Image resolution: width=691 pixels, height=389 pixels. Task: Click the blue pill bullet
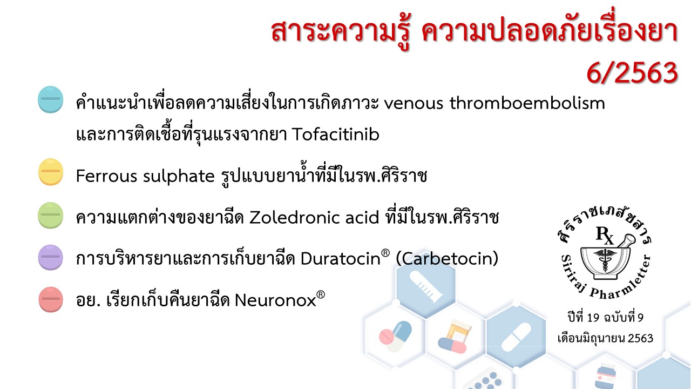pyautogui.click(x=51, y=99)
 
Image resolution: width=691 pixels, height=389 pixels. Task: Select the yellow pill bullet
pyautogui.click(x=51, y=172)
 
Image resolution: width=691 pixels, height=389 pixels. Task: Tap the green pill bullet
pyautogui.click(x=51, y=216)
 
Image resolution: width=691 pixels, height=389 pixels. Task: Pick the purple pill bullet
pyautogui.click(x=51, y=258)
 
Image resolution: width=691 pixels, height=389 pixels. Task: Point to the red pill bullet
pyautogui.click(x=51, y=299)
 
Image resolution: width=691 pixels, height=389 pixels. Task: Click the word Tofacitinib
pyautogui.click(x=336, y=135)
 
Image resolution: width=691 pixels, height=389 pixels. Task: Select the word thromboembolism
pyautogui.click(x=527, y=103)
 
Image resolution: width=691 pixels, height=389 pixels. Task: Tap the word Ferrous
pyautogui.click(x=106, y=176)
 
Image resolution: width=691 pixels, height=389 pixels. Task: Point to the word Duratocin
pyautogui.click(x=341, y=258)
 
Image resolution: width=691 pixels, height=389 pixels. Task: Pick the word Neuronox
pyautogui.click(x=275, y=300)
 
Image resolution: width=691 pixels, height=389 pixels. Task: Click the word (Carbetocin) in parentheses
pyautogui.click(x=447, y=258)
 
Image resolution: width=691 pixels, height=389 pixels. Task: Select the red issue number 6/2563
pyautogui.click(x=632, y=73)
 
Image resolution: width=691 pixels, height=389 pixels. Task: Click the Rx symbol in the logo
pyautogui.click(x=605, y=235)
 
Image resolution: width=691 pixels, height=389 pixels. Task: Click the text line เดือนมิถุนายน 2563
pyautogui.click(x=605, y=338)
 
